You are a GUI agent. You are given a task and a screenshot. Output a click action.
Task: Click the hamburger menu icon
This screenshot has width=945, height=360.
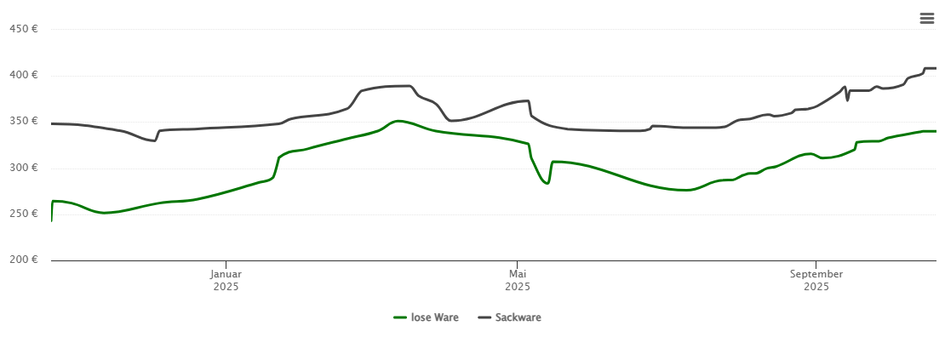coord(926,19)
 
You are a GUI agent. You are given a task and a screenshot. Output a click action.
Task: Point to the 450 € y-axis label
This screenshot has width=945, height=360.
coord(23,29)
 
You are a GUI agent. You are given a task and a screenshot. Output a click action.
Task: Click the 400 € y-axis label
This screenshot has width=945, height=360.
coord(23,75)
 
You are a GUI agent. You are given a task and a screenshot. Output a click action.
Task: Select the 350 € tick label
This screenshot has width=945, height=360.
coord(23,121)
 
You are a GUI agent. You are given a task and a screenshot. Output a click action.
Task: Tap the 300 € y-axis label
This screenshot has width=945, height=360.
coord(23,168)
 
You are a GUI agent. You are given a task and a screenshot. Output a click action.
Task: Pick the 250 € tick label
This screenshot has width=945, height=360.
coord(23,214)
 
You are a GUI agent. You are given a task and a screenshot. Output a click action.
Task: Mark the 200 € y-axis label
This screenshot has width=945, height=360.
coord(23,260)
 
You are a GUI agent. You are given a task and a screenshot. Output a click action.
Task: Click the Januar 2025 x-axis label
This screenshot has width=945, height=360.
coord(226,280)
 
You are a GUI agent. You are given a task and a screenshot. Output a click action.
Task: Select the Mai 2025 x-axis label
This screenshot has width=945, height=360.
coord(517,280)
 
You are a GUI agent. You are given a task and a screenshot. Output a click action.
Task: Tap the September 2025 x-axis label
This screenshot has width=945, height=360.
coord(816,280)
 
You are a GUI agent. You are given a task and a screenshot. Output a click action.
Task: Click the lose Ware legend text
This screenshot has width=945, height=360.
coord(434,317)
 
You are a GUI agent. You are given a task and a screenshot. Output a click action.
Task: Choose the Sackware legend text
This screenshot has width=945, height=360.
coord(518,317)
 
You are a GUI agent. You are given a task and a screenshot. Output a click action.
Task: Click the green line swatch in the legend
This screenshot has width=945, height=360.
coord(400,317)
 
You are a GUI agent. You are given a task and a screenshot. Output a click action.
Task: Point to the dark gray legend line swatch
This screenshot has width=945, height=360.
coord(484,317)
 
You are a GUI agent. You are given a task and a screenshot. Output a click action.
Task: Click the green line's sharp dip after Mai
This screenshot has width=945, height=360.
coord(547,183)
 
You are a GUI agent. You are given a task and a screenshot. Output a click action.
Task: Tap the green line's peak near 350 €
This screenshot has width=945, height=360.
coord(397,121)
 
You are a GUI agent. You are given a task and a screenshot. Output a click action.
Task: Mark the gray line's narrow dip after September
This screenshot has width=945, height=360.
coord(847,100)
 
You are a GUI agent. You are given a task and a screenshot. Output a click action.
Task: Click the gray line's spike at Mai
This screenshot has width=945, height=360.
coord(529,101)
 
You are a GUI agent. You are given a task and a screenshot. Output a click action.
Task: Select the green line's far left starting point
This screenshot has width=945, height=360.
coord(52,220)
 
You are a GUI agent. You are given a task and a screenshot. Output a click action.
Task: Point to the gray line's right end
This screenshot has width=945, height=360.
coord(935,68)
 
